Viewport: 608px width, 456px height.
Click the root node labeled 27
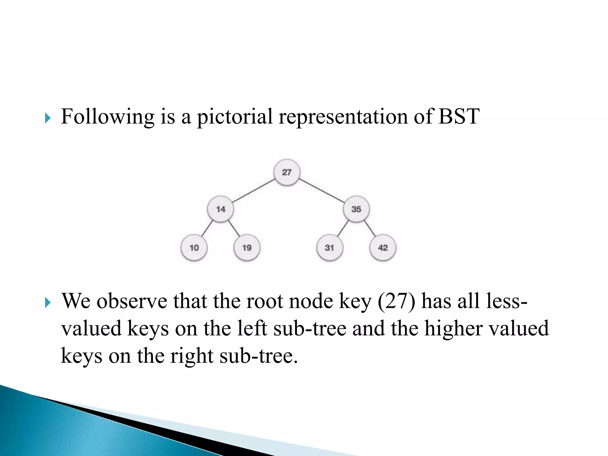[x=286, y=172]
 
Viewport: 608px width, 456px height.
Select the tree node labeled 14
[x=220, y=209]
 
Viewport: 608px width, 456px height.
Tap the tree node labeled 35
[x=356, y=209]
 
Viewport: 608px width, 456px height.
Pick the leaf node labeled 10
[x=194, y=248]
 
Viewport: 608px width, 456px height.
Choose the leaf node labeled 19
[x=247, y=248]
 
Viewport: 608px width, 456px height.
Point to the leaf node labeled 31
[x=329, y=248]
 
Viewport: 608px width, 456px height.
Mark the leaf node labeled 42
[x=383, y=248]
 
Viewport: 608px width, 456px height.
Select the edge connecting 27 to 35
[x=322, y=191]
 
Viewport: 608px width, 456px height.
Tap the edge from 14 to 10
[x=207, y=228]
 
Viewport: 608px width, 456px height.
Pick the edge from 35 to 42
[x=370, y=228]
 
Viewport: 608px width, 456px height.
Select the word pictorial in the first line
[x=235, y=117]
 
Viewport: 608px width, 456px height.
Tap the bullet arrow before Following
[x=47, y=118]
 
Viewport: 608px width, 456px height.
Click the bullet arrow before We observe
[x=47, y=303]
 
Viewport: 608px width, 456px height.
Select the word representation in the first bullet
[x=343, y=117]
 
